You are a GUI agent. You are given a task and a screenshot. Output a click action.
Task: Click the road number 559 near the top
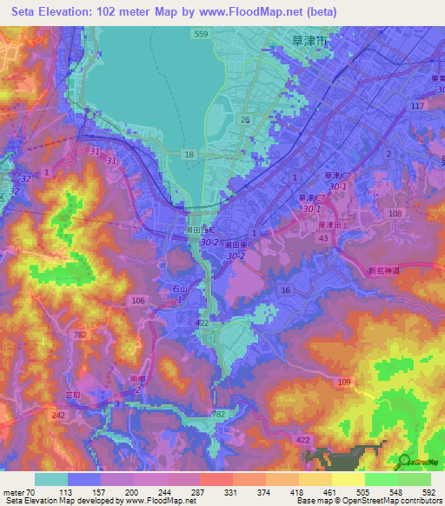(x=202, y=34)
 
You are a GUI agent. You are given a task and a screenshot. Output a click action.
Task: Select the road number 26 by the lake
(x=245, y=119)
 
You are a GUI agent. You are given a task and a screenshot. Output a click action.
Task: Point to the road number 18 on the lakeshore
(x=188, y=153)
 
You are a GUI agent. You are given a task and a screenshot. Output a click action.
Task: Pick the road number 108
(x=396, y=213)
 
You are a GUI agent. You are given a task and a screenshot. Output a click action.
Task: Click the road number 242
(x=58, y=416)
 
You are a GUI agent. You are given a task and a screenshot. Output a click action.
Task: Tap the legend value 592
(x=428, y=492)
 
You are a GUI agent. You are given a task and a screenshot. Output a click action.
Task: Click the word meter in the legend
(x=14, y=492)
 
